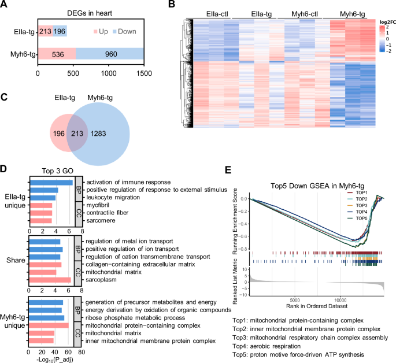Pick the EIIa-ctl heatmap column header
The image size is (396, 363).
(x=210, y=13)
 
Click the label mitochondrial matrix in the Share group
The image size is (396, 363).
(x=111, y=272)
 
